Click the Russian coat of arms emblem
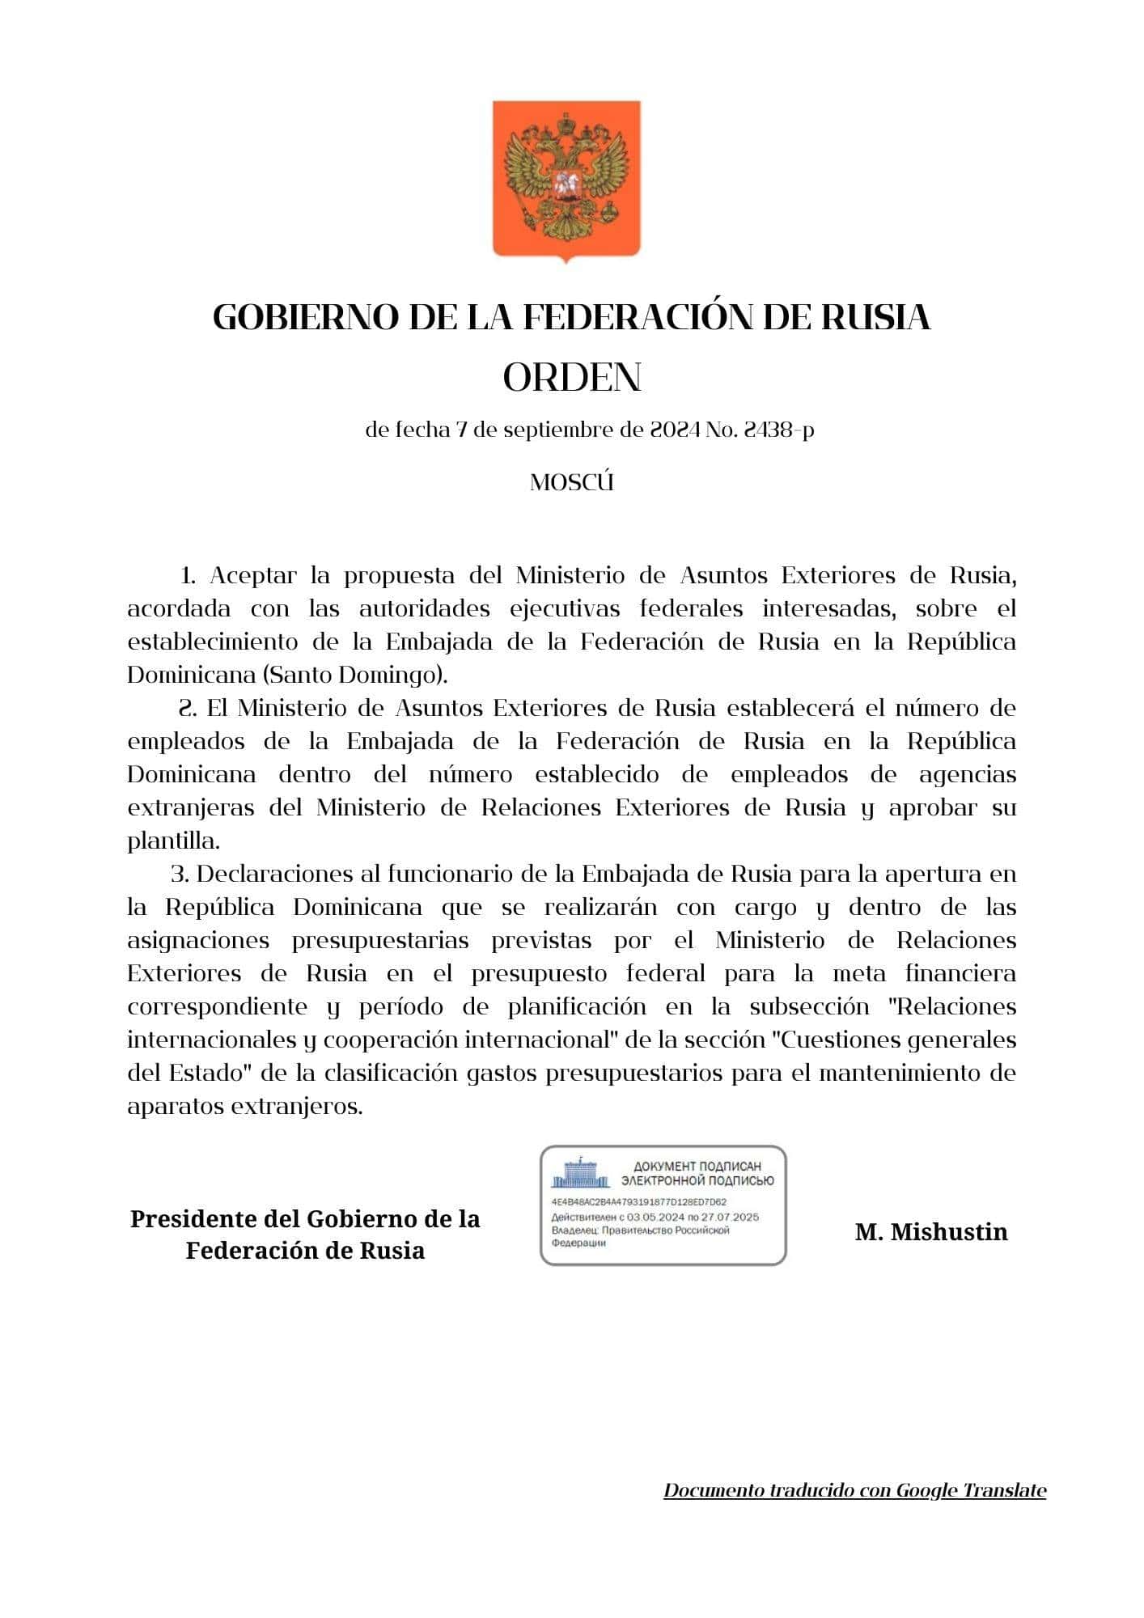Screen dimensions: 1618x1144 click(566, 180)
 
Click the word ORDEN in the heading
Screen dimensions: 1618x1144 click(572, 378)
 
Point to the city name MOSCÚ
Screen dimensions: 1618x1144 click(572, 483)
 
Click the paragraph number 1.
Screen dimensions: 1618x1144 click(188, 576)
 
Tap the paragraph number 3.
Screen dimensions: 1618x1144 click(179, 875)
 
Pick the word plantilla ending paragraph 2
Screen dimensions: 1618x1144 click(172, 841)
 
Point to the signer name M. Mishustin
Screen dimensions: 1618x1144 click(931, 1232)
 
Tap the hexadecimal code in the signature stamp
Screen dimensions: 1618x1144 click(638, 1202)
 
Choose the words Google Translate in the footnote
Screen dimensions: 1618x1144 click(971, 1490)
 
